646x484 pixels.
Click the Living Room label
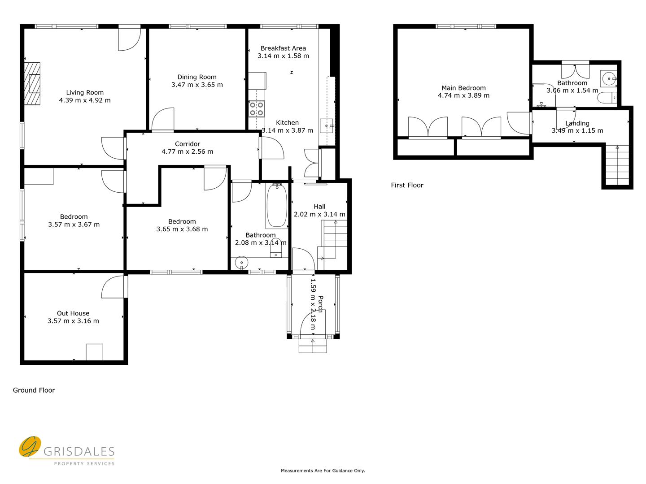pyautogui.click(x=85, y=93)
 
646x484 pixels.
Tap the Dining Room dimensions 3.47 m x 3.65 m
pyautogui.click(x=197, y=85)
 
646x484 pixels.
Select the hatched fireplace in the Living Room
pyautogui.click(x=32, y=84)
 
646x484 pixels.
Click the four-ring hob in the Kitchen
pyautogui.click(x=257, y=109)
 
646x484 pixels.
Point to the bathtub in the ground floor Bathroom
pyautogui.click(x=277, y=205)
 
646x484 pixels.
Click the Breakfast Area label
pyautogui.click(x=283, y=48)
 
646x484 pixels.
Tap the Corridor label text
pyautogui.click(x=188, y=144)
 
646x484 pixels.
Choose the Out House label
pyautogui.click(x=73, y=313)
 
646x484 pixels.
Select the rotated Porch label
pyautogui.click(x=321, y=304)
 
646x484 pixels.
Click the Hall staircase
pyautogui.click(x=332, y=245)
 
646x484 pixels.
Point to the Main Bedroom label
pyautogui.click(x=463, y=88)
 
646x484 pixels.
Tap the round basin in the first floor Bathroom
pyautogui.click(x=608, y=79)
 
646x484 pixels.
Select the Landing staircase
pyautogui.click(x=617, y=165)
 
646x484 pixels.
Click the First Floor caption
pyautogui.click(x=407, y=185)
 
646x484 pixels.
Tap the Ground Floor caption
pyautogui.click(x=34, y=390)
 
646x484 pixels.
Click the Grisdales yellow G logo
pyautogui.click(x=30, y=446)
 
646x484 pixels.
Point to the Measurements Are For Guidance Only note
pyautogui.click(x=323, y=471)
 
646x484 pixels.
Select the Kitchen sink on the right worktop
pyautogui.click(x=327, y=126)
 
